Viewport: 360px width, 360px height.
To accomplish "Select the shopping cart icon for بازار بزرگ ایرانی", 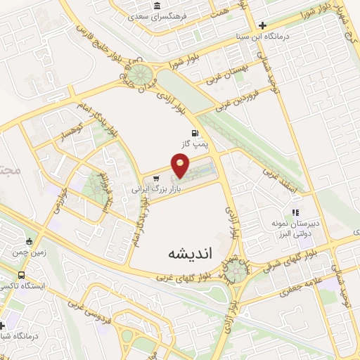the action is tap(156, 179).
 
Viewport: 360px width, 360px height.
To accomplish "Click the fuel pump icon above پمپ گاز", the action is tap(194, 133).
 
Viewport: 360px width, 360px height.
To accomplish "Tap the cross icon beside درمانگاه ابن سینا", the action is tap(262, 25).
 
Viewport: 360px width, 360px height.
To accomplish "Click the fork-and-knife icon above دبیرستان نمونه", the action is tap(296, 211).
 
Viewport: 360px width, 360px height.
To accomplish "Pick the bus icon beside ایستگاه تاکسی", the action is tap(21, 275).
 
